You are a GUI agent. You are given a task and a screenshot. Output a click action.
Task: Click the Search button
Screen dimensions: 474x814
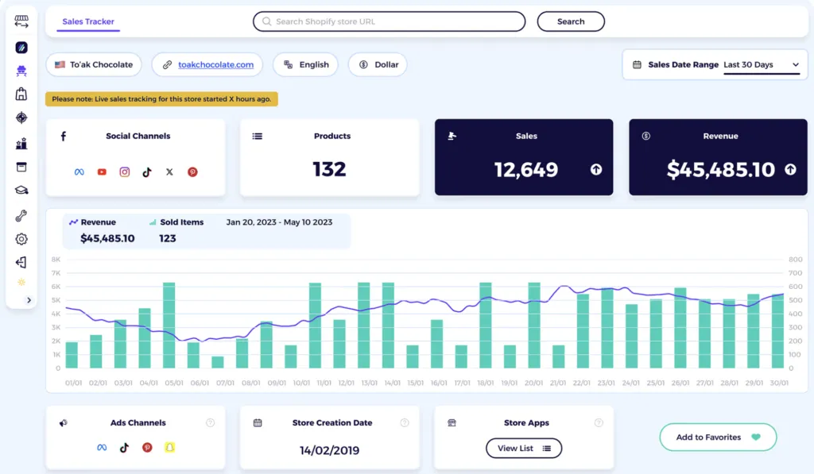point(570,21)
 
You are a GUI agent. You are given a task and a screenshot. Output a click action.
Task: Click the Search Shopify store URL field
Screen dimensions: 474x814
point(389,21)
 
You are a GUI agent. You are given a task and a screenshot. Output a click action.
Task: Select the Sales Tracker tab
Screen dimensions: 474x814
point(88,21)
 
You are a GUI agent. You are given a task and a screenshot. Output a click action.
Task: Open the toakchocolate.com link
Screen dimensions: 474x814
point(215,65)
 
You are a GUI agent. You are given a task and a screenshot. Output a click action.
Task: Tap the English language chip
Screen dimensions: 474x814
point(305,65)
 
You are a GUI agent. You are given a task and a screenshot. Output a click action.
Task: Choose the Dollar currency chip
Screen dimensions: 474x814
point(378,65)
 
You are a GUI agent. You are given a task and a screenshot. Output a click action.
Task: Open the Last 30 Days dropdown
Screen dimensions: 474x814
point(761,65)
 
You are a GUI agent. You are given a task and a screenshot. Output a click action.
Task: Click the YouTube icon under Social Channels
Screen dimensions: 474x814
point(102,171)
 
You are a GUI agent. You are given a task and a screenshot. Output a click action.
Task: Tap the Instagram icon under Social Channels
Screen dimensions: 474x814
point(125,171)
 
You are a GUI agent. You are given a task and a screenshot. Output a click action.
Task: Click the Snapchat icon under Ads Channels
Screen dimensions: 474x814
point(169,447)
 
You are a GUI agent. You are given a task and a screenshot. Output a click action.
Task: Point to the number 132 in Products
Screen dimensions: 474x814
point(329,169)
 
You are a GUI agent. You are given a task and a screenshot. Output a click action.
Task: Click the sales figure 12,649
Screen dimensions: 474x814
point(525,169)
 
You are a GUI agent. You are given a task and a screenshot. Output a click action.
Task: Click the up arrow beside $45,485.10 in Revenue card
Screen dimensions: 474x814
point(790,169)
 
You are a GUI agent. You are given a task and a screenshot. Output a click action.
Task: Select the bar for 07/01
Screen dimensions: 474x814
point(218,362)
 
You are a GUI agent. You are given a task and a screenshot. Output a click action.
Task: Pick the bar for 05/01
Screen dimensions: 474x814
point(169,326)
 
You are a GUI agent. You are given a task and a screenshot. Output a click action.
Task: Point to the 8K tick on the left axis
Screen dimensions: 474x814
point(56,259)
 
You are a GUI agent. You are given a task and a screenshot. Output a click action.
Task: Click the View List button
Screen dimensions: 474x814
point(524,449)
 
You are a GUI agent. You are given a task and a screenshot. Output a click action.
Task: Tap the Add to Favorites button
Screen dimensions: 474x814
point(717,437)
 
